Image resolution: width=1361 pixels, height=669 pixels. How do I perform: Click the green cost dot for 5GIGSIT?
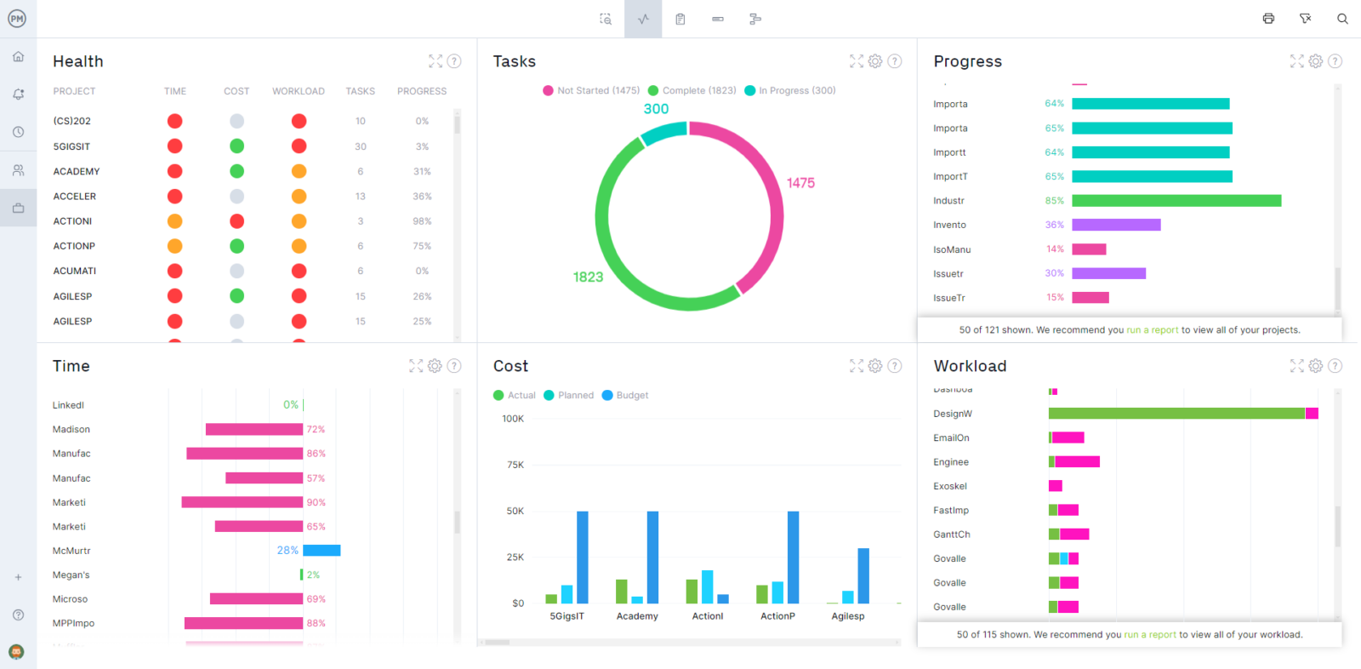click(236, 146)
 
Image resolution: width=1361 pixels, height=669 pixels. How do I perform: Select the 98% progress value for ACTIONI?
click(422, 221)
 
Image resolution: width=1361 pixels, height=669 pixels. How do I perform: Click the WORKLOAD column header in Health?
click(298, 91)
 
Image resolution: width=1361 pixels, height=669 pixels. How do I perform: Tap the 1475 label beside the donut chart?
click(800, 183)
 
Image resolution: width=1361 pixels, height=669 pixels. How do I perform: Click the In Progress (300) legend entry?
click(790, 90)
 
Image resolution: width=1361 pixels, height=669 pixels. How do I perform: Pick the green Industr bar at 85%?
click(1176, 201)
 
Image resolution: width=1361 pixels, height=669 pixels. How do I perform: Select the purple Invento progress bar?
click(1116, 225)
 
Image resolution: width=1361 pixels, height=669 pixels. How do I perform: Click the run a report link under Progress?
click(1153, 330)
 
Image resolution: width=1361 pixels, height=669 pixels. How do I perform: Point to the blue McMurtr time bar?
click(322, 551)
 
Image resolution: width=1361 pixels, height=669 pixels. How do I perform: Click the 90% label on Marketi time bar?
click(316, 502)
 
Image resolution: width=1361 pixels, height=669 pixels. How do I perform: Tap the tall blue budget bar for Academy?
click(652, 557)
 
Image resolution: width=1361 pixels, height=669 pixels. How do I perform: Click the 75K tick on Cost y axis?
click(515, 465)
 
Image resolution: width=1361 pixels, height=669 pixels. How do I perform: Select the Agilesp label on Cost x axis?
click(847, 616)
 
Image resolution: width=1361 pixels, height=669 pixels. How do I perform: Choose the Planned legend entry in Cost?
click(569, 395)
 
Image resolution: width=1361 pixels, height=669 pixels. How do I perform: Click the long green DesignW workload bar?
click(1176, 414)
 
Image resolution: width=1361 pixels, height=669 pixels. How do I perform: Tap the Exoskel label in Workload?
click(950, 486)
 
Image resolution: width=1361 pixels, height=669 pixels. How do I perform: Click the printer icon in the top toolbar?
click(1268, 19)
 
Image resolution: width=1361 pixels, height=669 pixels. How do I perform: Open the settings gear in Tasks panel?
click(875, 61)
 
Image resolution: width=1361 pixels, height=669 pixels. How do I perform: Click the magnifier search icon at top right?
click(1342, 19)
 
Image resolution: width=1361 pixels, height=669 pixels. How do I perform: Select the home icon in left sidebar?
click(18, 56)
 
